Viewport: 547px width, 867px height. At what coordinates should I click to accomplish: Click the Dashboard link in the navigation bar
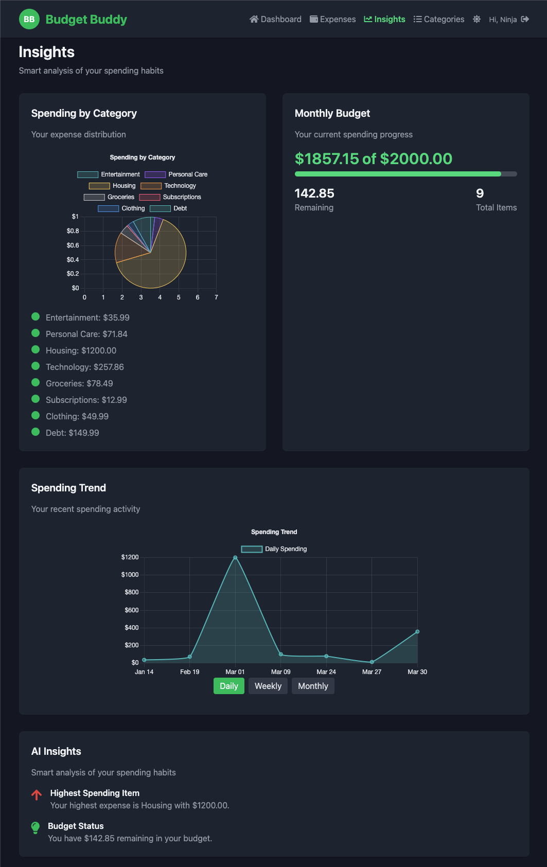(x=275, y=20)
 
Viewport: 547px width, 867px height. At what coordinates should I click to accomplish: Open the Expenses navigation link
(x=332, y=20)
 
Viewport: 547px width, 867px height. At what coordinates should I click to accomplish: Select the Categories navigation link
(x=438, y=20)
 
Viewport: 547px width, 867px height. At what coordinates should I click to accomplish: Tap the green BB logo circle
(x=29, y=20)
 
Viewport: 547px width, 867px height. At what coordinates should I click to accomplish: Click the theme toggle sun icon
(x=477, y=20)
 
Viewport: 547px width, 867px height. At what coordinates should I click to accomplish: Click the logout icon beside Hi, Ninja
(x=525, y=20)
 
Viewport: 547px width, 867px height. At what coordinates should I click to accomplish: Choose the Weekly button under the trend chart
(x=268, y=686)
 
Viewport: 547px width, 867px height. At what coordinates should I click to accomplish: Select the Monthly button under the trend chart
(x=313, y=686)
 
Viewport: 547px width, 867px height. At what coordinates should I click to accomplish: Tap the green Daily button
(x=229, y=686)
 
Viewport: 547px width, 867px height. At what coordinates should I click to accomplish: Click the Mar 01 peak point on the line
(x=235, y=557)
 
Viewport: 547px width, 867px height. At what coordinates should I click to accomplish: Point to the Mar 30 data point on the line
(x=417, y=632)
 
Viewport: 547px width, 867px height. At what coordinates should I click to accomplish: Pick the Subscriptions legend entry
(x=170, y=197)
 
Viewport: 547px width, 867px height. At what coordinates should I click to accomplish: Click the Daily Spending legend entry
(x=274, y=549)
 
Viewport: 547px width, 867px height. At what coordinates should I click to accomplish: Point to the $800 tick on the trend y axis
(x=132, y=592)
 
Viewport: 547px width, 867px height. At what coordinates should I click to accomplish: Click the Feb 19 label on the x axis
(x=190, y=672)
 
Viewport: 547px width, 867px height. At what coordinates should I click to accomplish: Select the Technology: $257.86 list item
(x=85, y=367)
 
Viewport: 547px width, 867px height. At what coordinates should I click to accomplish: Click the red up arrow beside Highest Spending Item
(x=37, y=794)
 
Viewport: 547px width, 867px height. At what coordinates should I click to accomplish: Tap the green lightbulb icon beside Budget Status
(x=35, y=827)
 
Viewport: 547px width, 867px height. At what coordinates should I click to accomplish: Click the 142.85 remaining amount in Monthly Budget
(x=314, y=193)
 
